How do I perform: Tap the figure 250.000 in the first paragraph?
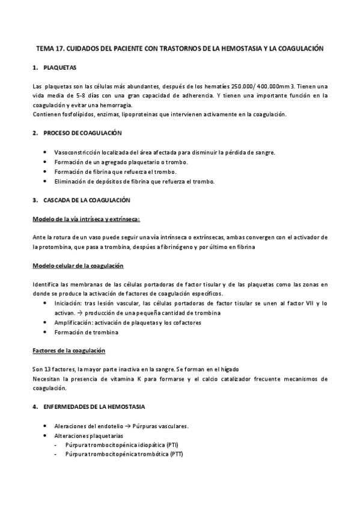pyautogui.click(x=221, y=86)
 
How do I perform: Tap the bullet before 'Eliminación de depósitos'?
pyautogui.click(x=46, y=181)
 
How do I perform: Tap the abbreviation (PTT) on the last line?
pyautogui.click(x=172, y=454)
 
